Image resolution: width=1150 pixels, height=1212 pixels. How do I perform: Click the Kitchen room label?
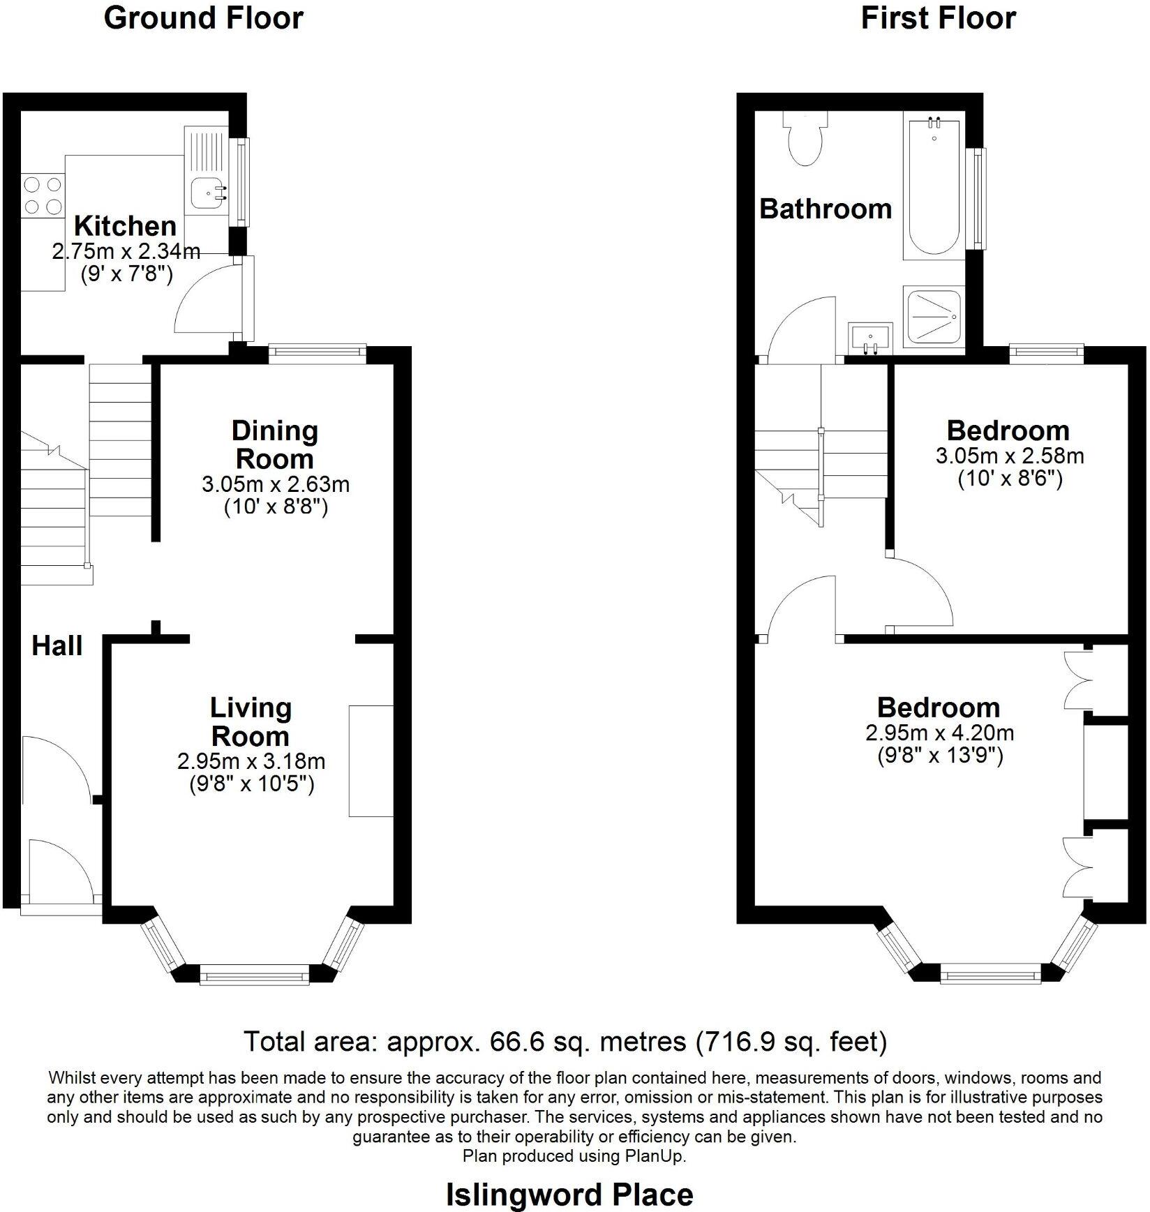tap(125, 226)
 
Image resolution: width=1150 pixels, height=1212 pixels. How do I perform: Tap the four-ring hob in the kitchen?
tap(43, 196)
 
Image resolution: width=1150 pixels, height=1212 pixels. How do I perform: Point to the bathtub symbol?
tap(934, 188)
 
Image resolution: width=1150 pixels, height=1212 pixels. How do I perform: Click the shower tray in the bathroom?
tap(934, 317)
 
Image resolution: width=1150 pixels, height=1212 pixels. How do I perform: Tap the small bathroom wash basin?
tap(869, 339)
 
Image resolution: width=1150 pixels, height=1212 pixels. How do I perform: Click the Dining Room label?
tap(274, 444)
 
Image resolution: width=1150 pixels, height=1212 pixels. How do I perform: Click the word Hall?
tap(57, 646)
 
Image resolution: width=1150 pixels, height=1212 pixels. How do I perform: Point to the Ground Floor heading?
tap(203, 18)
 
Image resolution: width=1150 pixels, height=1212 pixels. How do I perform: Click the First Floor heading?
tap(938, 18)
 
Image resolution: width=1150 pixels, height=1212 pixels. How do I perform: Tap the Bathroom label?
tap(826, 209)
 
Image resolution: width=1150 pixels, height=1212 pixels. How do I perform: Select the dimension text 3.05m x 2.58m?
tap(1009, 456)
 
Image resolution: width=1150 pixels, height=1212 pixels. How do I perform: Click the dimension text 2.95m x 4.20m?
tap(939, 733)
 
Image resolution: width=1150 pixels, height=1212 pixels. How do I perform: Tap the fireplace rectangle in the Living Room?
tap(371, 761)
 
